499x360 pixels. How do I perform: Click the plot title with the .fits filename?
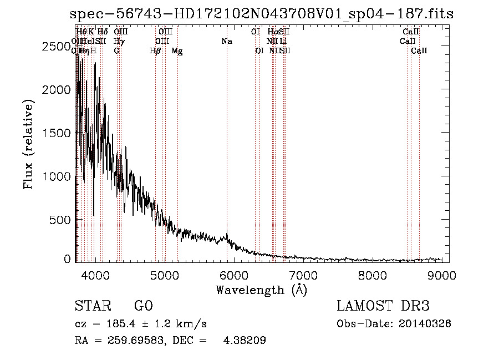pyautogui.click(x=262, y=14)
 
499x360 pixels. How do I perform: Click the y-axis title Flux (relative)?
pyautogui.click(x=28, y=144)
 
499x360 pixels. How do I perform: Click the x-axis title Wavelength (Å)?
pyautogui.click(x=261, y=290)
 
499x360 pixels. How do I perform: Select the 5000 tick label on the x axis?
pyautogui.click(x=164, y=275)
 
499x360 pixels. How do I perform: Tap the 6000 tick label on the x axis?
pyautogui.click(x=234, y=275)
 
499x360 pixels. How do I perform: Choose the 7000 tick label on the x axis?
pyautogui.click(x=303, y=275)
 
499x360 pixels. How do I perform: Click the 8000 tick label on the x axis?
pyautogui.click(x=373, y=275)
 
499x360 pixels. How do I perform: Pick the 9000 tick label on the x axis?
pyautogui.click(x=442, y=275)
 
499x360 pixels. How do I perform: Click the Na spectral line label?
pyautogui.click(x=226, y=42)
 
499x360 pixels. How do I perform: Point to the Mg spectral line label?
pyautogui.click(x=177, y=51)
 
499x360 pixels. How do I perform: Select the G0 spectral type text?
pyautogui.click(x=143, y=306)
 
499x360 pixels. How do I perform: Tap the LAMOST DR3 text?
pyautogui.click(x=383, y=306)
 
